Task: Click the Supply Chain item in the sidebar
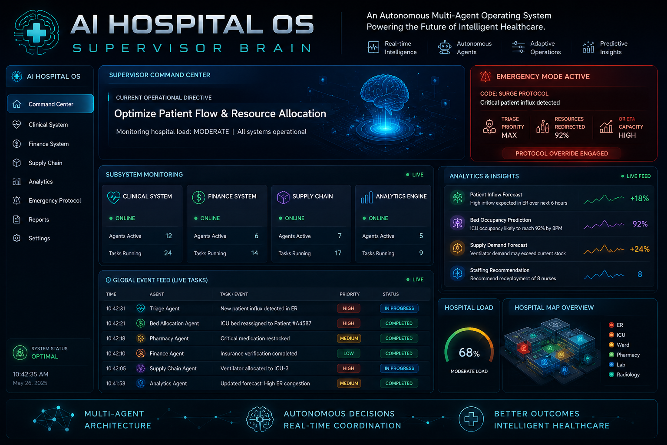point(45,163)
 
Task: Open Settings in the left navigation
point(39,238)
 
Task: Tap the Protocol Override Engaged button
point(561,153)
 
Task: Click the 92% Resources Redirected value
point(561,135)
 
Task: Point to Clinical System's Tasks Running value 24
point(168,253)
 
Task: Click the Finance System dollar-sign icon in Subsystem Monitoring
point(198,197)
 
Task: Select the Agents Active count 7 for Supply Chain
point(340,236)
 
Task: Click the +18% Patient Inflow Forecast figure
point(639,199)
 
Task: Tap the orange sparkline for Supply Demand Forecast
point(604,249)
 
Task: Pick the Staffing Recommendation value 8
point(640,274)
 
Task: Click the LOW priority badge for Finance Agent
point(348,353)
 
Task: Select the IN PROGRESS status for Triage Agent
point(399,308)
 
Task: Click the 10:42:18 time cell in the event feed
point(116,338)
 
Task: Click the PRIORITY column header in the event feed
point(350,294)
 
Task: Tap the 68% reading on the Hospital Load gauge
point(469,352)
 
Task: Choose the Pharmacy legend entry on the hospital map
point(625,355)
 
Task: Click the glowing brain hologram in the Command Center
point(385,93)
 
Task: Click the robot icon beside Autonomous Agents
point(445,47)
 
